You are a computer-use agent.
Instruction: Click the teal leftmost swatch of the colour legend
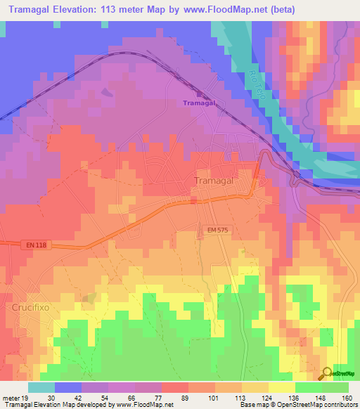tap(41, 387)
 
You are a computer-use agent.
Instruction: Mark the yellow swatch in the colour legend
tap(281, 387)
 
